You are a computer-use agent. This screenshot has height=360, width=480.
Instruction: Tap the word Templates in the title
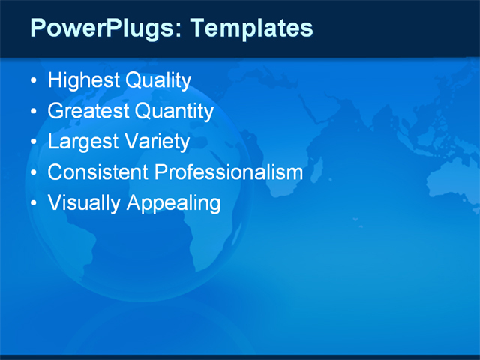(251, 28)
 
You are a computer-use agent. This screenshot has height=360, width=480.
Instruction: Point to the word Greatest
(88, 112)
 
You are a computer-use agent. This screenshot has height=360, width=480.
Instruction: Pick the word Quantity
(174, 112)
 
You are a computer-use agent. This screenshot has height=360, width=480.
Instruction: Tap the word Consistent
(97, 172)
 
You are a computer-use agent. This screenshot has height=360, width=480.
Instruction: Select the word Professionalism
(229, 172)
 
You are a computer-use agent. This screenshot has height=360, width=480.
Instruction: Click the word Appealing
(174, 203)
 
